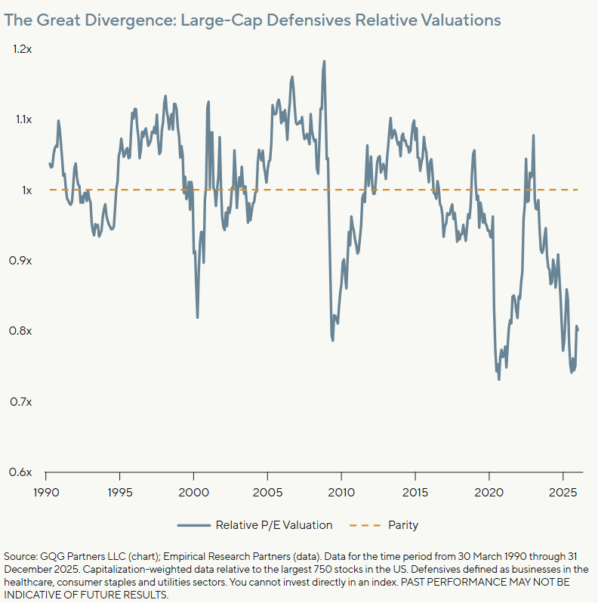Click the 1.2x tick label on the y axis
pos(23,49)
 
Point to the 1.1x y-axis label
pos(23,119)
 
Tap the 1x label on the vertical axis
pos(26,190)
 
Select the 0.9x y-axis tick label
pos(20,261)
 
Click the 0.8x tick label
pos(20,331)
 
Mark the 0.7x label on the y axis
pos(20,402)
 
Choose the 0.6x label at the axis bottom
pos(20,472)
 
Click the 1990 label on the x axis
pos(46,493)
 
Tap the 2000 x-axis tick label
pos(194,493)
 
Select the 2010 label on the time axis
pos(341,493)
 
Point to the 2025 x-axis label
pos(563,493)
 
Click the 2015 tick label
pos(415,493)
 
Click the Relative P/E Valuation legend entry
pos(274,525)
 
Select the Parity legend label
pos(403,525)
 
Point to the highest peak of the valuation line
pos(324,61)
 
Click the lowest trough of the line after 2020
pos(499,379)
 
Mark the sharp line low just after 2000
pos(198,317)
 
